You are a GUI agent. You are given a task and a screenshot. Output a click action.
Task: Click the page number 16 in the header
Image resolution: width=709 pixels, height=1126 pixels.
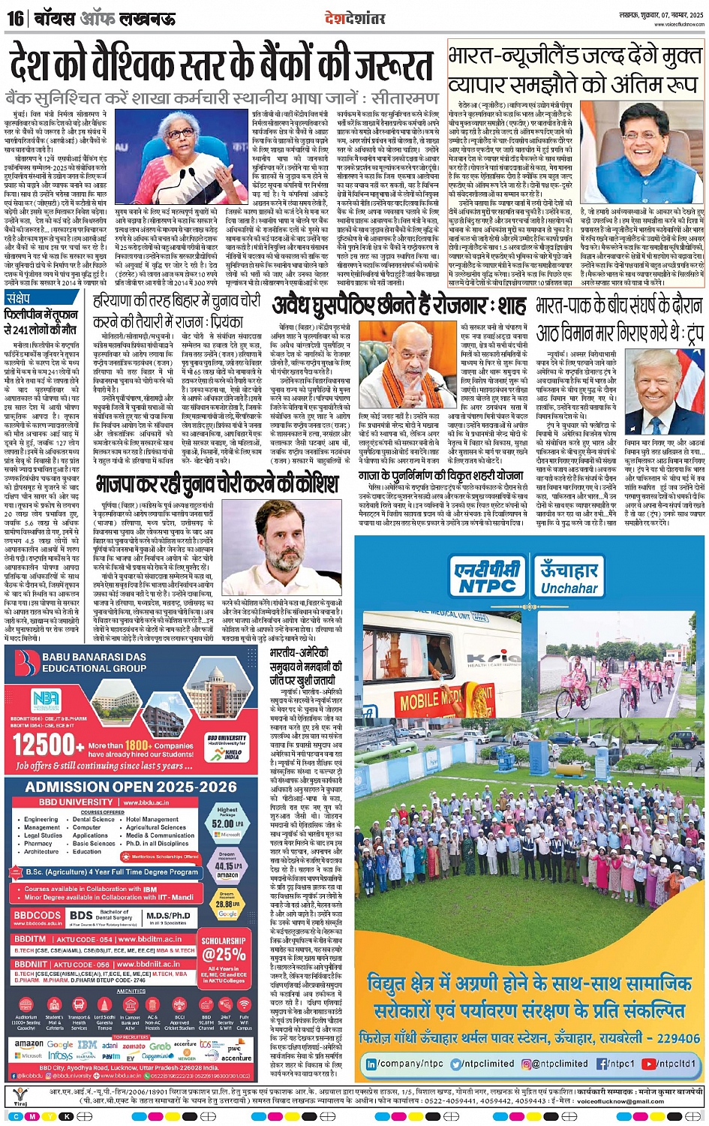pos(16,17)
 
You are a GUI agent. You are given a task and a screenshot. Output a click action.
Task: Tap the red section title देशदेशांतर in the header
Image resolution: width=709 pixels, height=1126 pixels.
pos(355,17)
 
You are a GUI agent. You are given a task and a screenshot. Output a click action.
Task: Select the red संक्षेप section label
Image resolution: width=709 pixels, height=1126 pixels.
pos(18,299)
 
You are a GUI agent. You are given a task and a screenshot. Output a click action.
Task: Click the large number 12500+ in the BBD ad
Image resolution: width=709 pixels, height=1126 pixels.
pos(44,745)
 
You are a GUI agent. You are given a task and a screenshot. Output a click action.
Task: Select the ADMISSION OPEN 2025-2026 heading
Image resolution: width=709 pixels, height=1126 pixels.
pos(131,787)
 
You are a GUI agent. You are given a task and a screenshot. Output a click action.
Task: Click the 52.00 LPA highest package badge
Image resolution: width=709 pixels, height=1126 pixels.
pos(227,822)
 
